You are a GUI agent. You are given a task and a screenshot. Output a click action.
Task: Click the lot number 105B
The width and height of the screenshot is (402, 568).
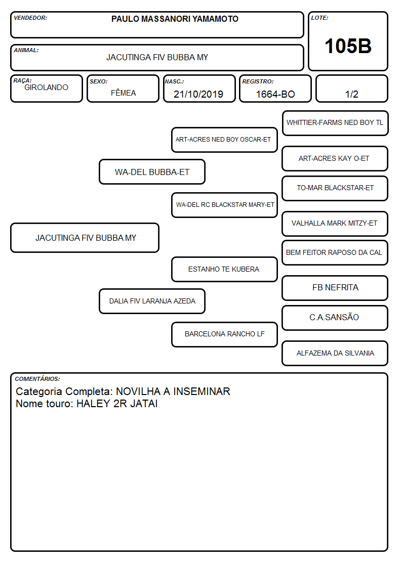[348, 46]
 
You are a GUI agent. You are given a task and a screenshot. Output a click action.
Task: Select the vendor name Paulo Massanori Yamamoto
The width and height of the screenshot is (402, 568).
[175, 19]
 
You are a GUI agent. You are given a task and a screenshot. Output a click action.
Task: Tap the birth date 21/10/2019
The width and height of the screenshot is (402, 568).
[198, 94]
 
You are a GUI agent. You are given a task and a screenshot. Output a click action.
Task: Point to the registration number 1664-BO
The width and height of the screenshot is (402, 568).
[275, 94]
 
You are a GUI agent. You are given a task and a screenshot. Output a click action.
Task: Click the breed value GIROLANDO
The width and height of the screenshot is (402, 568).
[46, 88]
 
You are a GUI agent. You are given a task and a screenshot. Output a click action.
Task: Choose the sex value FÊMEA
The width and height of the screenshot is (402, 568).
[123, 93]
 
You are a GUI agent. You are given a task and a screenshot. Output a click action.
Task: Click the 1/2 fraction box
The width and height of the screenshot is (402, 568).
[351, 89]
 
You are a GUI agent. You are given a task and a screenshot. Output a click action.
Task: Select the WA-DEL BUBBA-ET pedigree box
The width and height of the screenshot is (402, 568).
[152, 171]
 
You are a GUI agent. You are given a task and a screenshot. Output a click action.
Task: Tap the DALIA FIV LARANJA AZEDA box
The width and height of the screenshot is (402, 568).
[152, 301]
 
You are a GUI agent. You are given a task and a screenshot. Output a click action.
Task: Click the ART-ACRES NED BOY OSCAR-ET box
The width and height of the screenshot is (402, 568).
[224, 140]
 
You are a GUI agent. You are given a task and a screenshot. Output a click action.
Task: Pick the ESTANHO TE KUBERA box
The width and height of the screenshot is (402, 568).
[224, 269]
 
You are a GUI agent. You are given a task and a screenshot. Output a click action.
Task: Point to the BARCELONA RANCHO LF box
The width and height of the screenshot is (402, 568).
[224, 334]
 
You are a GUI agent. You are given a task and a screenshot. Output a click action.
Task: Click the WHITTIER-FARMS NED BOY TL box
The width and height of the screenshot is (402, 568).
[335, 123]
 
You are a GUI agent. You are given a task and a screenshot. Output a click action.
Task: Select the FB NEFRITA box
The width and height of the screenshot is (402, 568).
[335, 288]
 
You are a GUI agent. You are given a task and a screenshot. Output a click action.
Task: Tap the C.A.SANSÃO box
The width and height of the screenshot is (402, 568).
[335, 318]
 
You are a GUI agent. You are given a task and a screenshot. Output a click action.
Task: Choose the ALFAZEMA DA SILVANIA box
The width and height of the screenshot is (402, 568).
[335, 353]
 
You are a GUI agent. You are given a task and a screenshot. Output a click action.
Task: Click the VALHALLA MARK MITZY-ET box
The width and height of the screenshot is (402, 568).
[335, 224]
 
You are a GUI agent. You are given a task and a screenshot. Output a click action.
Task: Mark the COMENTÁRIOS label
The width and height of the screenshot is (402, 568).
[37, 379]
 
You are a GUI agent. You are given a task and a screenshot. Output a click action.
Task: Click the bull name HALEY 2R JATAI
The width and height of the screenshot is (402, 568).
[117, 404]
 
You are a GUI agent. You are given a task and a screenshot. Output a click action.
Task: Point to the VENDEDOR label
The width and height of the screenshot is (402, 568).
[30, 18]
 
